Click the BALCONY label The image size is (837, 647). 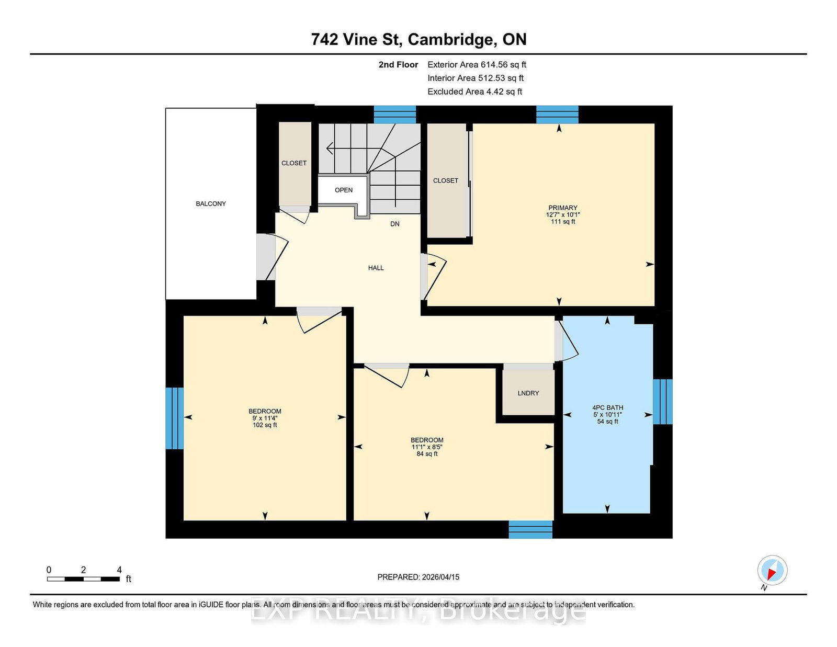[211, 204]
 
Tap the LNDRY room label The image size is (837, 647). [528, 393]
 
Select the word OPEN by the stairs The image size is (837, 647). [344, 190]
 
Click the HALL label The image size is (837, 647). [376, 268]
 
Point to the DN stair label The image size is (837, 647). [395, 224]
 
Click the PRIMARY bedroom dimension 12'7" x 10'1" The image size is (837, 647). [563, 215]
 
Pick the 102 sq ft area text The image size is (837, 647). [265, 425]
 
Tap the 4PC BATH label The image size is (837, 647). [607, 408]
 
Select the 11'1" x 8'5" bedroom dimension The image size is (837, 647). [427, 447]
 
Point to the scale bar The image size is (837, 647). [83, 579]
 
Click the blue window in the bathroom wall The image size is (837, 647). [662, 402]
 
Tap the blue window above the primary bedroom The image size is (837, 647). [557, 115]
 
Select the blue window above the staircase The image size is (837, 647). [395, 115]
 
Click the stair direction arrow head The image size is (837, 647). [330, 148]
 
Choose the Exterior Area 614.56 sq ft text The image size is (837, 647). [477, 65]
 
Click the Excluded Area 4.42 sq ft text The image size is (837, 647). [475, 92]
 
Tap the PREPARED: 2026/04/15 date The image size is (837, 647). [418, 577]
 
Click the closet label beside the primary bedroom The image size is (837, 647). [446, 180]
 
